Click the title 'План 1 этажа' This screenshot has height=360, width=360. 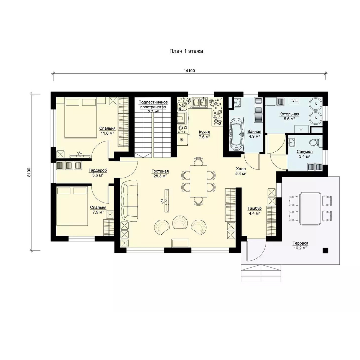186,51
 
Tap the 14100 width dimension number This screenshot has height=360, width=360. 189,71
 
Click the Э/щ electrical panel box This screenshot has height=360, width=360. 294,100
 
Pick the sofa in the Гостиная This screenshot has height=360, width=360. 130,201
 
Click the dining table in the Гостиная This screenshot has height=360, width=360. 198,181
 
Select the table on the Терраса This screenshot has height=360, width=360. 310,209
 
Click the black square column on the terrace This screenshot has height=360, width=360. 325,250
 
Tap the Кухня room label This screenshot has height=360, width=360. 204,132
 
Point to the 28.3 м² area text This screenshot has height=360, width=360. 160,176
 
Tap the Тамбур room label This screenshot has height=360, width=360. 254,208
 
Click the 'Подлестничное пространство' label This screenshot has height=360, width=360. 153,104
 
